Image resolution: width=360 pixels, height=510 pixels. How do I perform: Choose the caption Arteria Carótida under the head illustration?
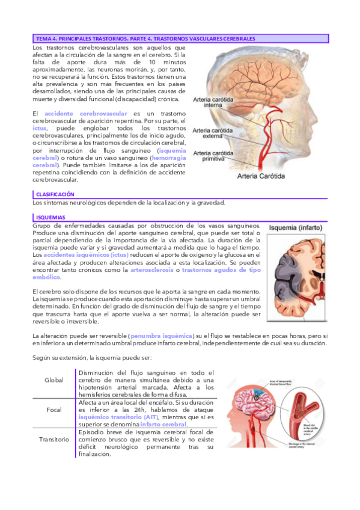pyautogui.click(x=261, y=176)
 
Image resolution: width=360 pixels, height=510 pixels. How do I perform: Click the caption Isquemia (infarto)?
pyautogui.click(x=298, y=229)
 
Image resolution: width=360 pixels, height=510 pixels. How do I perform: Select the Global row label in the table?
pyautogui.click(x=54, y=380)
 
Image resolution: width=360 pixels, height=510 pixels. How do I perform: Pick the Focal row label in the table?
pyautogui.click(x=54, y=410)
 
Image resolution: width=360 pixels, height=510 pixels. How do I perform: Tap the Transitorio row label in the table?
pyautogui.click(x=54, y=439)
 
